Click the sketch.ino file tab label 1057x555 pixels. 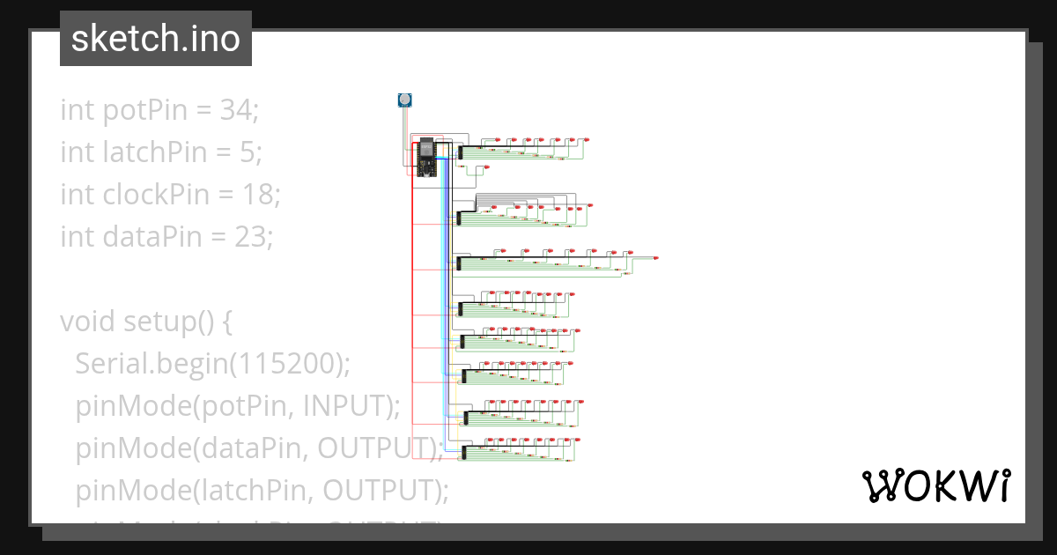click(156, 39)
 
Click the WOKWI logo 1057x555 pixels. click(935, 485)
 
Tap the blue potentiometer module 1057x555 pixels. click(404, 100)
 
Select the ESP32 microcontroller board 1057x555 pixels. click(426, 158)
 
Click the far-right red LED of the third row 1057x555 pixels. click(656, 258)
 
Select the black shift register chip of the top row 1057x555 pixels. click(461, 152)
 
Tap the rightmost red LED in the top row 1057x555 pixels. click(587, 140)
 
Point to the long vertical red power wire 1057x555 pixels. click(412, 308)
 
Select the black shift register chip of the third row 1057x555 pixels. click(459, 263)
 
